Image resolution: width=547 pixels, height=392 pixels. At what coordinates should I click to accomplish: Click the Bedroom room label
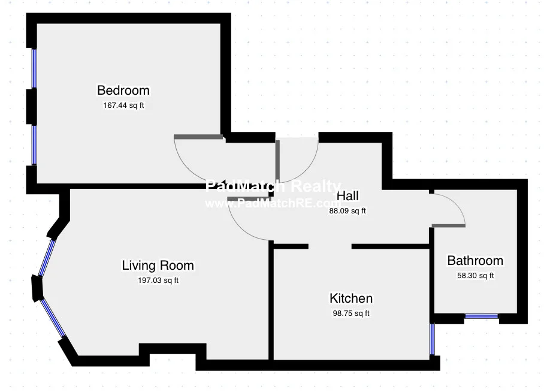123,91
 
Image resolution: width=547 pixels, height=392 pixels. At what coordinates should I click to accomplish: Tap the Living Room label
158,265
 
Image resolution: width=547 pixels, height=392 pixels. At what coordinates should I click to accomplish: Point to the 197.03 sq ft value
158,280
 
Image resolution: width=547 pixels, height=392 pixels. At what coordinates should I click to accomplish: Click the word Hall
347,196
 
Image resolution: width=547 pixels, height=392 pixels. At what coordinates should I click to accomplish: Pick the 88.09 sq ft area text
347,210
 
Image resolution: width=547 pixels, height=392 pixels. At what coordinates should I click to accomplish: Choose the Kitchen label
351,298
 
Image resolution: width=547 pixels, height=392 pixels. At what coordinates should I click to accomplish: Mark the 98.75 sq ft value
351,313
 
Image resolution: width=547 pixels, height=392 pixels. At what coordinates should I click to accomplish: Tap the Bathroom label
475,261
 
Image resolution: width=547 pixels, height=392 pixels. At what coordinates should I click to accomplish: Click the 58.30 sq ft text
475,276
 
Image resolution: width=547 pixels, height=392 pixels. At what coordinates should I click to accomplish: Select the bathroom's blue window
482,316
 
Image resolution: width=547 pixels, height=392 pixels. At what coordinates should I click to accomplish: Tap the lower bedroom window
34,144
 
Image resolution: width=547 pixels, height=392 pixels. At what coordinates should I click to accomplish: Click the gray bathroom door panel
448,225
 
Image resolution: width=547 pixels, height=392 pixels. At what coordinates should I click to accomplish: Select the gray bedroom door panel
198,137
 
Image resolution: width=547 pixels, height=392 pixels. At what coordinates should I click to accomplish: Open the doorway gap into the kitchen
330,246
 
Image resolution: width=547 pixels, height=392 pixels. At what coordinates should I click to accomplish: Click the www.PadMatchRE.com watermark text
273,203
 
